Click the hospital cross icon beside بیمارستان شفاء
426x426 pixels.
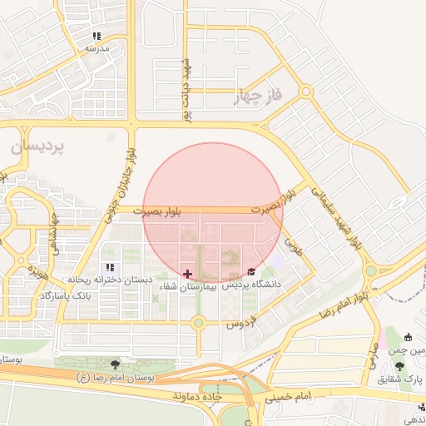coord(187,273)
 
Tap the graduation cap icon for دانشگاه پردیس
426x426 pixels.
coord(252,272)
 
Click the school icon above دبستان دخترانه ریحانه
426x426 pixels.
coord(110,267)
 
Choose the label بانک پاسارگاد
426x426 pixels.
coord(65,295)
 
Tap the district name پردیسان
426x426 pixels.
coord(37,146)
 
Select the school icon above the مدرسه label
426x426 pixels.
coord(97,37)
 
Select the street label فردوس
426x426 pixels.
coord(240,320)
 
